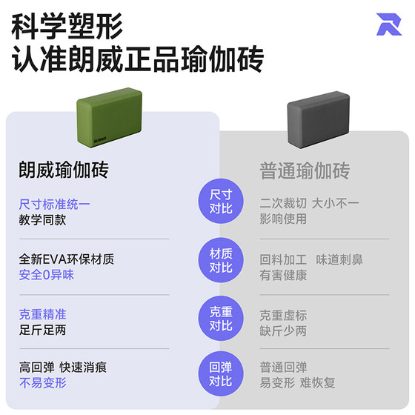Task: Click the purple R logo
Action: point(388,24)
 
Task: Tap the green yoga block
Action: point(110,117)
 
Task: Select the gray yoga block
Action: point(319,119)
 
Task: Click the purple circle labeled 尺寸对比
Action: point(221,201)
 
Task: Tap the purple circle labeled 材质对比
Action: point(221,260)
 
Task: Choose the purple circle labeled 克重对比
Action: point(221,319)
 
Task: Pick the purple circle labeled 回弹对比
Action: point(221,373)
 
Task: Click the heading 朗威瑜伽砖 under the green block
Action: point(64,170)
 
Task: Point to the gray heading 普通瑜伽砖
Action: point(305,170)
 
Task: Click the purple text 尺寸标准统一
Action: point(55,205)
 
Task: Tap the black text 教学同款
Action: point(42,220)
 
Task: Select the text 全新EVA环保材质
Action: point(67,259)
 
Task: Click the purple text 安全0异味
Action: point(46,275)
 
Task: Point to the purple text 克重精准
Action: point(43,314)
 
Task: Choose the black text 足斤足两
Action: point(43,330)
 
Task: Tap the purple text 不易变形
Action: point(43,383)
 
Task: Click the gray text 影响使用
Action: point(283,219)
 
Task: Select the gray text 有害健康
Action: point(283,275)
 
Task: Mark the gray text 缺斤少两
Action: point(283,331)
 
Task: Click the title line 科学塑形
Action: point(67,27)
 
